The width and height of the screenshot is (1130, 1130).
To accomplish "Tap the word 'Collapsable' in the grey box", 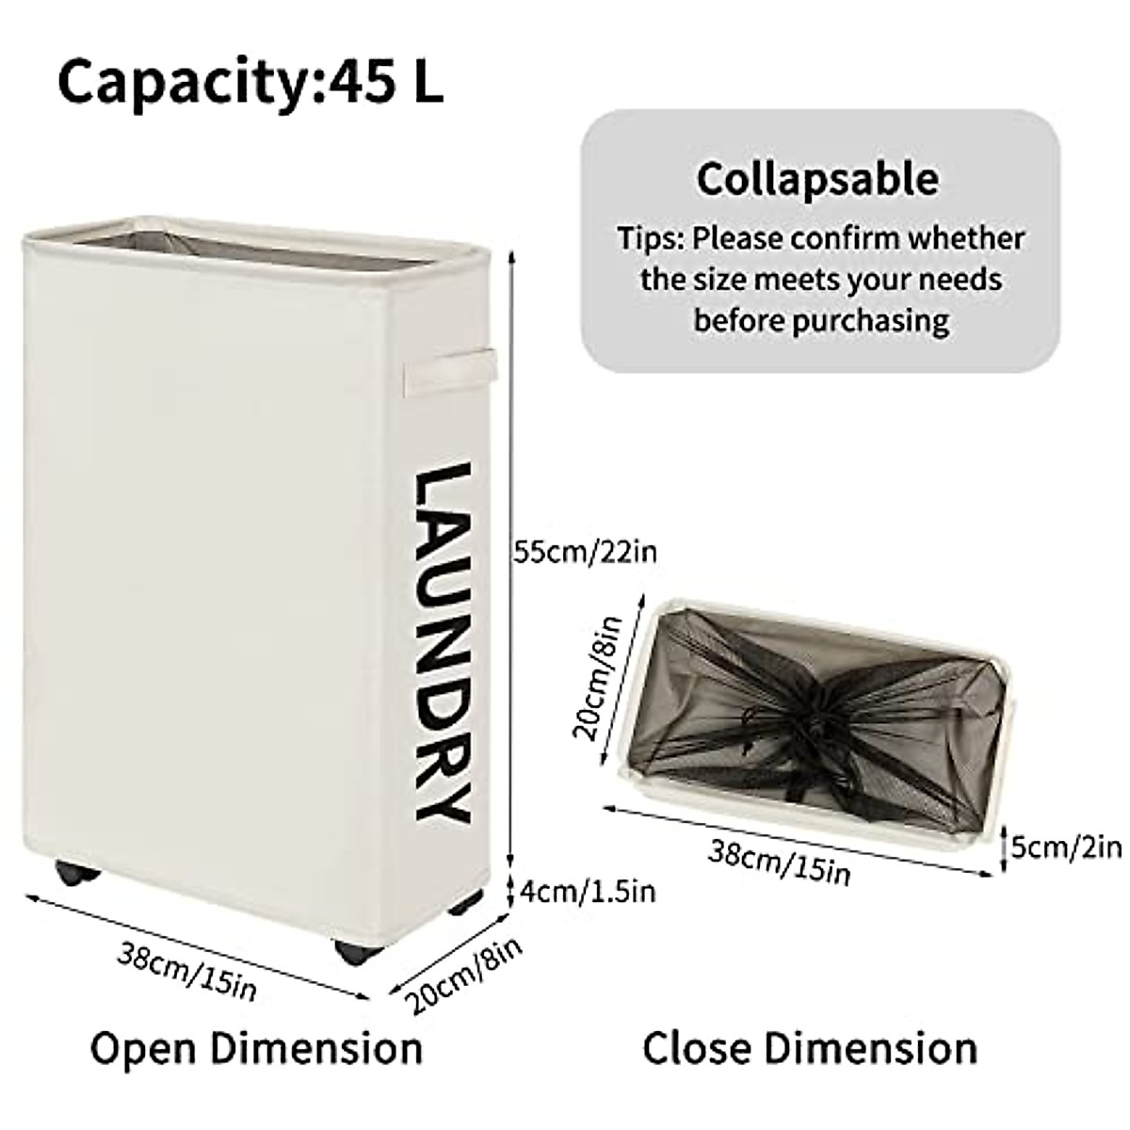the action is [x=817, y=178].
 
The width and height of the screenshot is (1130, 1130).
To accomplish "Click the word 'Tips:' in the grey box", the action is [x=651, y=238].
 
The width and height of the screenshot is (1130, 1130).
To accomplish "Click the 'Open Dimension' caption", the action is [x=256, y=1048].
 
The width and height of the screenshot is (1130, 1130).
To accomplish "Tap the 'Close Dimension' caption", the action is [x=810, y=1048].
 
